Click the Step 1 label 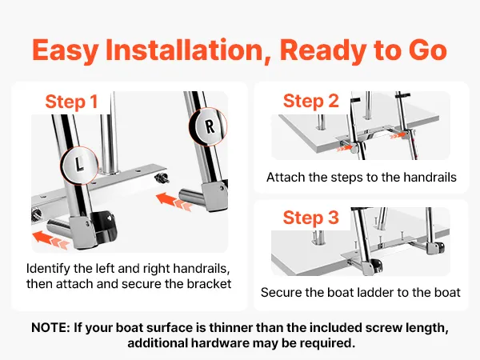[x=71, y=102]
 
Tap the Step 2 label [x=311, y=101]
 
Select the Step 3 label [x=311, y=218]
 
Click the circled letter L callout [x=79, y=165]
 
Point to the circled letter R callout [x=209, y=126]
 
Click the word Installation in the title [x=184, y=50]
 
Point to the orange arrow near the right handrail [x=174, y=201]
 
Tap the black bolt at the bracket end [x=162, y=178]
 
